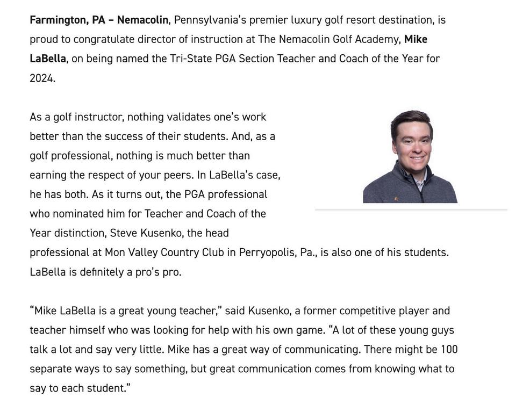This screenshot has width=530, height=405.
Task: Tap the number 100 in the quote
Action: (x=449, y=350)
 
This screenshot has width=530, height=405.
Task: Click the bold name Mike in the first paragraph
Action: (x=416, y=40)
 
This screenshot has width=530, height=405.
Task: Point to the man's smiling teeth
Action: (x=418, y=158)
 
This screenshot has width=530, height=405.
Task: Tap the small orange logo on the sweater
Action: (x=396, y=199)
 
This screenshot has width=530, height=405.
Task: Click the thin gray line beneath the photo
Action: (x=411, y=210)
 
